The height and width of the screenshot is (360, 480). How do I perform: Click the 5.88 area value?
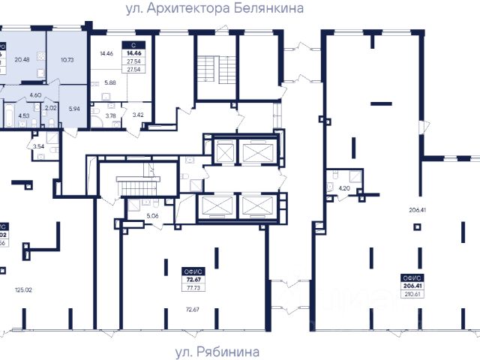[109, 83]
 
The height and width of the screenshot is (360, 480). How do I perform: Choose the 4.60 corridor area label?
[35, 95]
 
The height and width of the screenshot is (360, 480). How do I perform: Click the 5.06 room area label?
[153, 217]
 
